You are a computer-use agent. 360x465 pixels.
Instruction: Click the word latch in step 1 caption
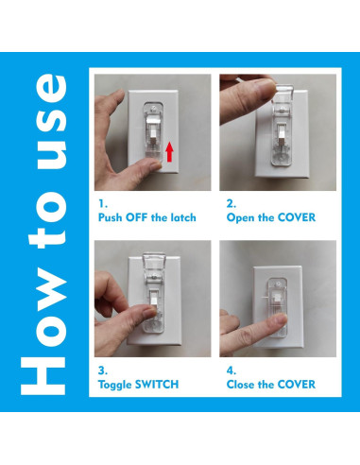click(x=180, y=217)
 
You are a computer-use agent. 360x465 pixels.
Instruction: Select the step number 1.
click(x=101, y=202)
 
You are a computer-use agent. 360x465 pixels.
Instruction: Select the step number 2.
click(x=231, y=202)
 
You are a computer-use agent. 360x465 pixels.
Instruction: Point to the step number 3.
click(x=102, y=370)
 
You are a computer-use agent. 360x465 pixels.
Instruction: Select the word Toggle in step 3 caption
click(x=116, y=385)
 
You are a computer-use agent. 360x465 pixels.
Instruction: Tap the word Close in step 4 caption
click(x=243, y=385)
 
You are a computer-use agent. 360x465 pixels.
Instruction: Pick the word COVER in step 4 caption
click(x=293, y=385)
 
